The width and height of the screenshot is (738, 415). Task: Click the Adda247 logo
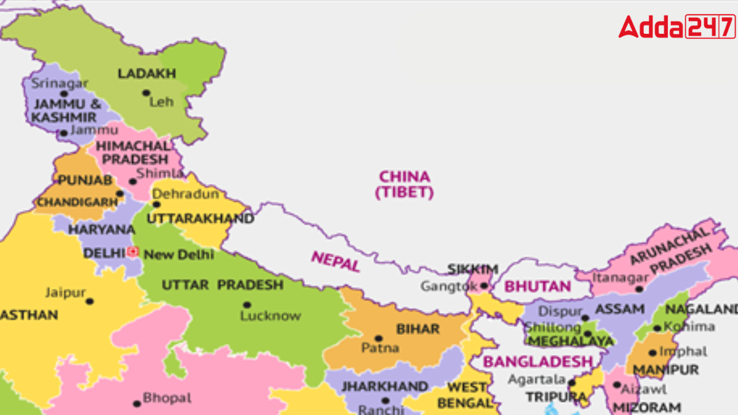pyautogui.click(x=676, y=27)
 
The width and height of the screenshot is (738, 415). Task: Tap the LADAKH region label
pyautogui.click(x=146, y=74)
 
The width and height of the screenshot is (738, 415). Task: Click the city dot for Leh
pyautogui.click(x=146, y=93)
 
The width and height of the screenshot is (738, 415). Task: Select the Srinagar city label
pyautogui.click(x=60, y=83)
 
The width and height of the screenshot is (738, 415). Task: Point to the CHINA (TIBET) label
pyautogui.click(x=404, y=184)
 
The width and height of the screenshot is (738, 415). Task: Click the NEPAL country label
pyautogui.click(x=335, y=261)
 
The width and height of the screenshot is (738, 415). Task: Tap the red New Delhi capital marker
pyautogui.click(x=133, y=251)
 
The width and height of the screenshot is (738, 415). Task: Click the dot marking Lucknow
pyautogui.click(x=247, y=304)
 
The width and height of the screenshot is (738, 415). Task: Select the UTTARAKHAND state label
pyautogui.click(x=200, y=219)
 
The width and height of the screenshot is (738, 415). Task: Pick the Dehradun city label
pyautogui.click(x=185, y=194)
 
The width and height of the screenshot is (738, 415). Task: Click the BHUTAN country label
pyautogui.click(x=538, y=287)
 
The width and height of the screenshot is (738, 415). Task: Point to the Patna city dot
pyautogui.click(x=378, y=338)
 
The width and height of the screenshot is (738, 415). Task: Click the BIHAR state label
pyautogui.click(x=418, y=329)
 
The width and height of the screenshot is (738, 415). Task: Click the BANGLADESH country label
pyautogui.click(x=537, y=362)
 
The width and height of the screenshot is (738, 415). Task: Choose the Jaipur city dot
pyautogui.click(x=90, y=301)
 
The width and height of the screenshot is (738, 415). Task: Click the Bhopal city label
pyautogui.click(x=167, y=398)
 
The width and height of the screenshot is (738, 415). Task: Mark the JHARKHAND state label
pyautogui.click(x=384, y=387)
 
